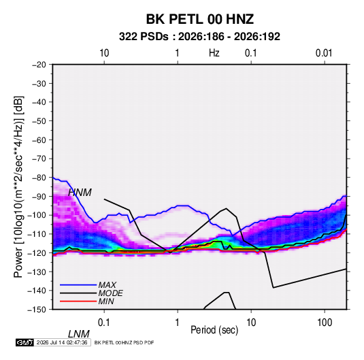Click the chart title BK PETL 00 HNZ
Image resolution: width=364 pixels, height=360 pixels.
click(199, 19)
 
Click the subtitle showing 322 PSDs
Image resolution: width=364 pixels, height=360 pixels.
click(199, 37)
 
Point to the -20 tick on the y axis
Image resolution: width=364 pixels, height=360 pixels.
click(39, 65)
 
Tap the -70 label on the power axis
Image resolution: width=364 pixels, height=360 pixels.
click(39, 159)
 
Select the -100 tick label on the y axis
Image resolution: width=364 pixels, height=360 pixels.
click(37, 215)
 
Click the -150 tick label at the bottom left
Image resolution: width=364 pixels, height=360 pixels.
click(37, 310)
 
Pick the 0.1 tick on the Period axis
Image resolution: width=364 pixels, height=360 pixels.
click(104, 323)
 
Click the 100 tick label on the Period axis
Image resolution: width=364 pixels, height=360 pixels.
click(325, 323)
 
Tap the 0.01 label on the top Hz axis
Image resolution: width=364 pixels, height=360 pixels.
click(324, 53)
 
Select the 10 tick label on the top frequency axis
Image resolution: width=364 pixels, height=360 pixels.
click(104, 53)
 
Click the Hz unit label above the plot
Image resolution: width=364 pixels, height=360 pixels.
click(214, 53)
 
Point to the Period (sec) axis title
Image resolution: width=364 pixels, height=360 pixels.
click(214, 330)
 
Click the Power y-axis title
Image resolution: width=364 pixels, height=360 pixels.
click(18, 187)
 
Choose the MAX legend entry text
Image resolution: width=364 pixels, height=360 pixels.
click(107, 285)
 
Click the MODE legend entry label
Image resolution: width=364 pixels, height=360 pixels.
click(110, 293)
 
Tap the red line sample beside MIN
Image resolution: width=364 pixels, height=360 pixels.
click(78, 301)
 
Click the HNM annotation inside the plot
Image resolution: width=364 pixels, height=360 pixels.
click(80, 193)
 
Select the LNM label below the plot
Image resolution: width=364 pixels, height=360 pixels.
click(78, 334)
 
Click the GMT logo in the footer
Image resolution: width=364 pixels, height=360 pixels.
click(24, 342)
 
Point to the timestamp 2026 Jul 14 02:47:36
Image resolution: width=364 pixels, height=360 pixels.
click(62, 342)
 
